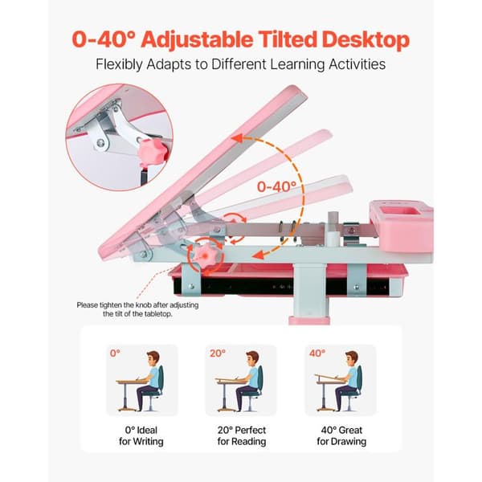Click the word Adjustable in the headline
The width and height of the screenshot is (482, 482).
tap(197, 40)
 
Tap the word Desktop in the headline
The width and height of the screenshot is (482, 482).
tap(366, 40)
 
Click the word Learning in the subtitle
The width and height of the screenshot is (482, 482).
tap(297, 65)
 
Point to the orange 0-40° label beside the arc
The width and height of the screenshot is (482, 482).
tap(276, 186)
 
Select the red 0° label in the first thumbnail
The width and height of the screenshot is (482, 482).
tap(115, 353)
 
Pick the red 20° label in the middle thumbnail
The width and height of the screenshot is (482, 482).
tap(218, 353)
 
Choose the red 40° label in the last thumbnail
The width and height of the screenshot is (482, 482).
tap(317, 353)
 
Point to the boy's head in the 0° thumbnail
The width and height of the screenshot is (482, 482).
tap(153, 359)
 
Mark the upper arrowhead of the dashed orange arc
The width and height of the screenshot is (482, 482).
tap(239, 139)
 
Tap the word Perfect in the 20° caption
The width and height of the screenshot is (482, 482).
tap(249, 430)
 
